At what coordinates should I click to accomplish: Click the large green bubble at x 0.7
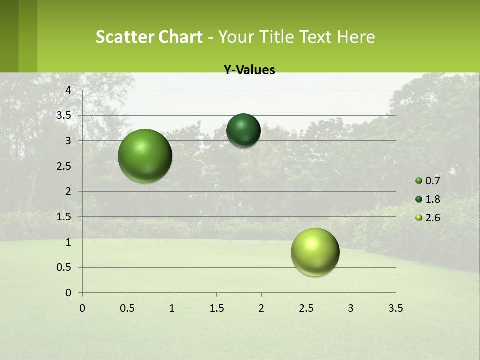[145, 156]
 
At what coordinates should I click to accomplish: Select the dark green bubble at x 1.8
[243, 130]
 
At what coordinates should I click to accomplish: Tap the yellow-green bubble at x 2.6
[315, 252]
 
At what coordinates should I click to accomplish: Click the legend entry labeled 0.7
[427, 181]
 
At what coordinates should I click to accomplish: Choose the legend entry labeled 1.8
[427, 199]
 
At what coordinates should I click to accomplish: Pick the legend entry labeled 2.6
[427, 218]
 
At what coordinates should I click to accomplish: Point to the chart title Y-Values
[249, 70]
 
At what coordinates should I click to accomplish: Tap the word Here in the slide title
[356, 37]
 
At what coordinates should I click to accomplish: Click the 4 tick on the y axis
[68, 90]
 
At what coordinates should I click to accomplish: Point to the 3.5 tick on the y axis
[65, 115]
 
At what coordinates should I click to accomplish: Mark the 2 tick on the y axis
[68, 191]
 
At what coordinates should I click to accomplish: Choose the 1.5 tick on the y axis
[65, 217]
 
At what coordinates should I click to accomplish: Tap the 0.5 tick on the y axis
[65, 267]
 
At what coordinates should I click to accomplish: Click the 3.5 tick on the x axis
[395, 308]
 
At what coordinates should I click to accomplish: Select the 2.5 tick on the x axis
[306, 308]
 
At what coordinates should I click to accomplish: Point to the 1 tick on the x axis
[172, 308]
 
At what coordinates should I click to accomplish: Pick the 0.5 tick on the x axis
[127, 308]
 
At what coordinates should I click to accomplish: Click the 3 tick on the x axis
[351, 308]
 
